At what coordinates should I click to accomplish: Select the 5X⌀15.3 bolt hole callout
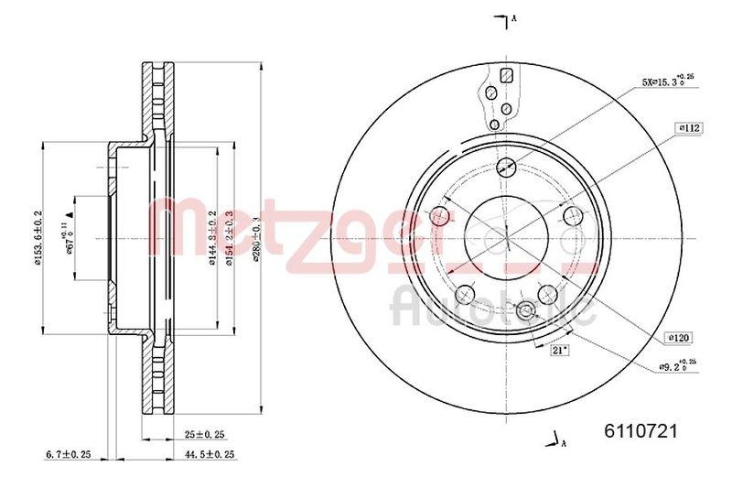coord(669,81)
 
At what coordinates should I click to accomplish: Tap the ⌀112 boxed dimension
coord(688,128)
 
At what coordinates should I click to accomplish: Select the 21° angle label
coord(557,350)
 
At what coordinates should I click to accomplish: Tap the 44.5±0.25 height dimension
coord(210,453)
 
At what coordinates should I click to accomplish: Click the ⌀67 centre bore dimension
coord(67,237)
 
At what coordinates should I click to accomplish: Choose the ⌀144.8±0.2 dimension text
coord(211,237)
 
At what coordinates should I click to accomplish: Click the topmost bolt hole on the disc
coord(504,167)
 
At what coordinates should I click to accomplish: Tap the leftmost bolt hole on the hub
coord(440,216)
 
